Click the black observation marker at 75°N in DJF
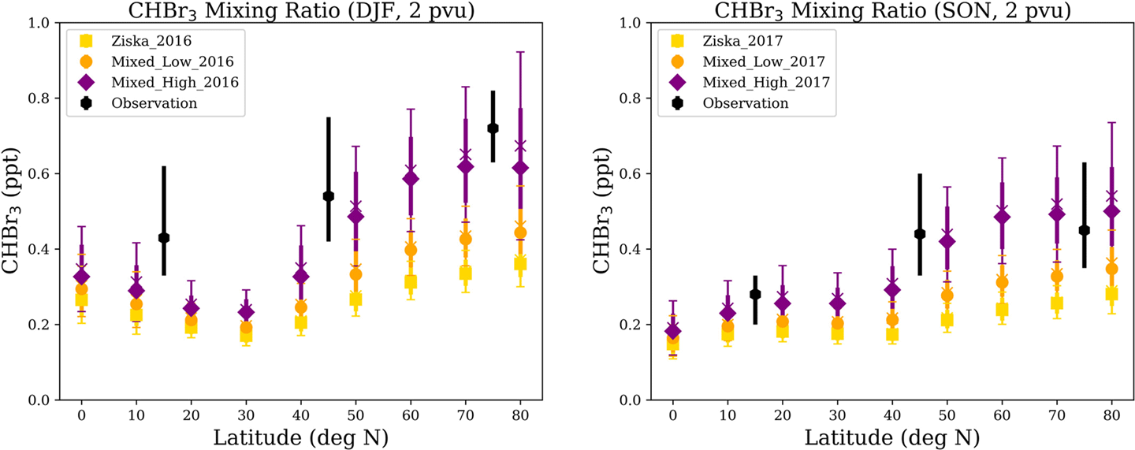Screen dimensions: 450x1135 [x=493, y=128]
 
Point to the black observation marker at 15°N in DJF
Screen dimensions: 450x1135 [x=164, y=237]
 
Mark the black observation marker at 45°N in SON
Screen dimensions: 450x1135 [x=919, y=234]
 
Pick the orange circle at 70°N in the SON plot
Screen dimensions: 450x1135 [x=1057, y=277]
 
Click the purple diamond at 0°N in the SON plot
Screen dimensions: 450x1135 [x=672, y=331]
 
